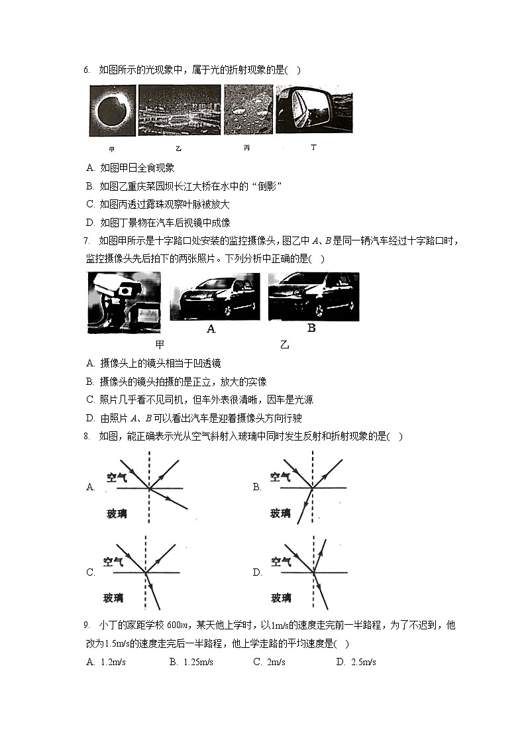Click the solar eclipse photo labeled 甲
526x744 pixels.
112,111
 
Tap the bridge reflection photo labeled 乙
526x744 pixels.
179,111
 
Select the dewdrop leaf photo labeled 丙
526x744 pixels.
248,111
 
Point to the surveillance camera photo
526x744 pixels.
123,302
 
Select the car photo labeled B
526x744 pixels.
313,297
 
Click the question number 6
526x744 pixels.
87,70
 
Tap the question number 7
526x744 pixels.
87,240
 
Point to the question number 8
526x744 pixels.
87,436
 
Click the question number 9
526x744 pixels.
87,625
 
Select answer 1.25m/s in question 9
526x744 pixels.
197,662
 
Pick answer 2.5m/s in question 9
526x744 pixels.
363,662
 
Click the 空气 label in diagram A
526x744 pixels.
117,477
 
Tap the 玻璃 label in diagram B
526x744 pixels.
281,513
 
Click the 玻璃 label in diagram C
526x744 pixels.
113,598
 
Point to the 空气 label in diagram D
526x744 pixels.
281,562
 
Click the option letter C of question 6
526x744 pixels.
91,205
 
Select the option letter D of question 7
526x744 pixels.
91,418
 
